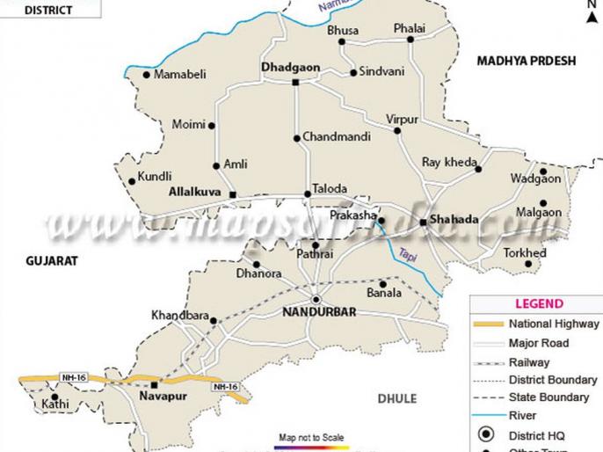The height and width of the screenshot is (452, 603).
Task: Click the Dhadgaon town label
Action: [290, 67]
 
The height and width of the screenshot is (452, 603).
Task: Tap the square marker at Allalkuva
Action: [232, 194]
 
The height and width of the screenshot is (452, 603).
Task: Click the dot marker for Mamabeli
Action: [146, 75]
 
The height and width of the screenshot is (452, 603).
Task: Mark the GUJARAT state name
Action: [52, 261]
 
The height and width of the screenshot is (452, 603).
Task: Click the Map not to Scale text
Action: [311, 437]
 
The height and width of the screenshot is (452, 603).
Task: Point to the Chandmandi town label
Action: [337, 137]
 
